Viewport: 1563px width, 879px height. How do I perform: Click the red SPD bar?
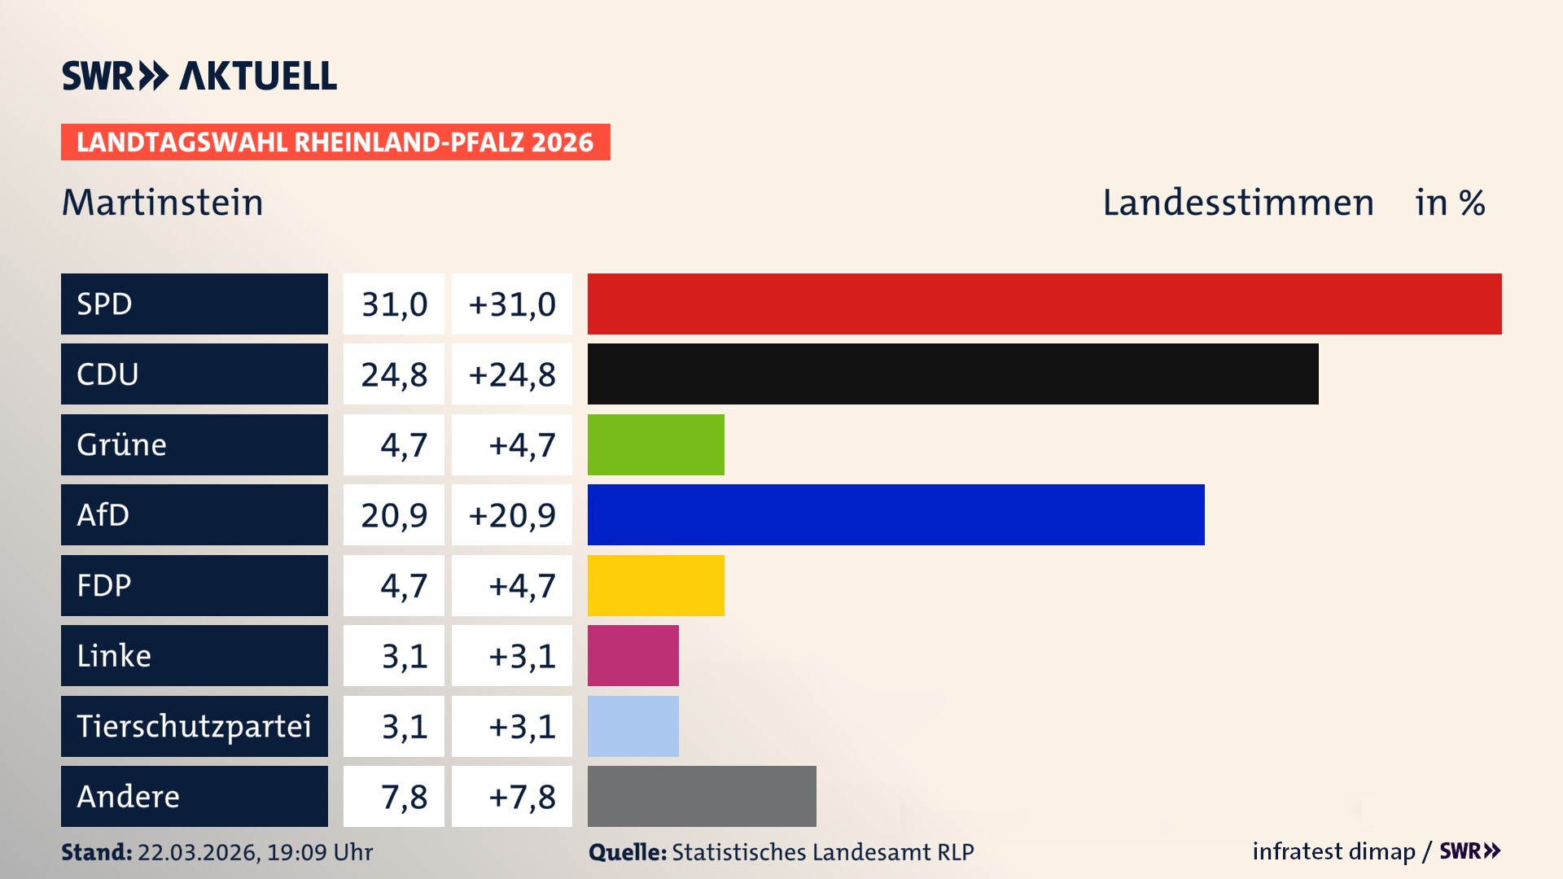pos(1044,304)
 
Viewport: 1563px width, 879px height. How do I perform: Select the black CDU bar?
pos(952,374)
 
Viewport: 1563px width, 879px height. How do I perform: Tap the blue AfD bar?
pos(895,515)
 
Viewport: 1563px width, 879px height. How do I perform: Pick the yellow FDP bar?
pos(655,585)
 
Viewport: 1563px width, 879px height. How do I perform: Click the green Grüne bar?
pos(655,444)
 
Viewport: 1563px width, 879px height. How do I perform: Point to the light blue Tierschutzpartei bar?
pos(633,726)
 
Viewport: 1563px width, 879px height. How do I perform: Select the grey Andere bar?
pos(702,796)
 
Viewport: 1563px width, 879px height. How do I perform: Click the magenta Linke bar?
pos(633,655)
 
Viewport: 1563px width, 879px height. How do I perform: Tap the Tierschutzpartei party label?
pos(194,726)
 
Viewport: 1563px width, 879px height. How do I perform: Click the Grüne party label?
pos(122,444)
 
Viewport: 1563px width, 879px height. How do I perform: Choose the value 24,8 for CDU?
pos(394,374)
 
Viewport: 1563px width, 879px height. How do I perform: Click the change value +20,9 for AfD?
pos(512,515)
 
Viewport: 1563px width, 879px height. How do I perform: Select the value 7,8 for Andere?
pos(404,797)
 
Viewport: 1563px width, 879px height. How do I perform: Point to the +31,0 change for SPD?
pos(512,304)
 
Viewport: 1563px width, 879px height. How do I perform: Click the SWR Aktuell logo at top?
pos(199,76)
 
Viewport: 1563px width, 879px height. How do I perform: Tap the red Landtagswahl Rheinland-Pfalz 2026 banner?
pos(335,142)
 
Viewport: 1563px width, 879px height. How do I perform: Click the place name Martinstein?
pos(163,203)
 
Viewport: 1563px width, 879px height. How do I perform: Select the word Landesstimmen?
pos(1237,203)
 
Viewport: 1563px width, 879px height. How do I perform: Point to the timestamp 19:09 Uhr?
pos(319,852)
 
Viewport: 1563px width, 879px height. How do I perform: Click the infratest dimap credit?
pos(1333,851)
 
